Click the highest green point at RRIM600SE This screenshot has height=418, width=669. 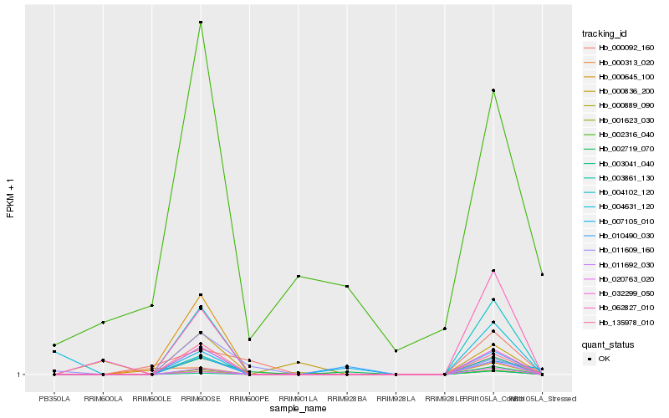point(201,23)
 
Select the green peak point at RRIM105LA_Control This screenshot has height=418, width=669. point(493,90)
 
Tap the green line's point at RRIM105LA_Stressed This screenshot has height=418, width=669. point(542,274)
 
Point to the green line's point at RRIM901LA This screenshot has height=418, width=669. point(299,276)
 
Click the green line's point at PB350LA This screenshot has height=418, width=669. point(54,345)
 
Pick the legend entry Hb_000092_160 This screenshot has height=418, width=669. point(619,48)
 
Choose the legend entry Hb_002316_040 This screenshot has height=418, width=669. point(619,134)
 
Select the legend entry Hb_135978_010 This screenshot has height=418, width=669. point(619,322)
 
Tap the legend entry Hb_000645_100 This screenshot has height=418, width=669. point(619,77)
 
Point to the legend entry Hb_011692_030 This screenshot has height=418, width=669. point(619,264)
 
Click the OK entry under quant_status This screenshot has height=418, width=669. point(604,358)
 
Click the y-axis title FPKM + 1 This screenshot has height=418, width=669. point(11,198)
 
